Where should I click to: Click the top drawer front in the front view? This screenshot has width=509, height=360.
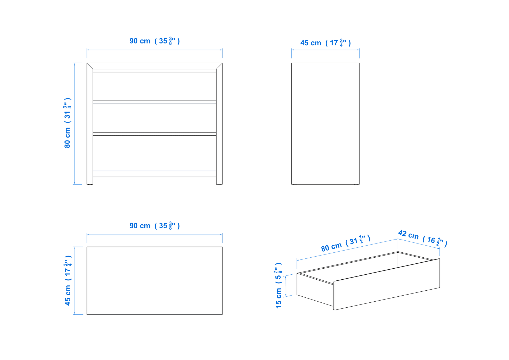click(155, 86)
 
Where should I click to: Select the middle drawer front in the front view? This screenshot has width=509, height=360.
click(155, 118)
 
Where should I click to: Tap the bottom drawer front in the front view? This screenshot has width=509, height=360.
click(155, 153)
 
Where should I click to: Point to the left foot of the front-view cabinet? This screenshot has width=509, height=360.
click(90, 185)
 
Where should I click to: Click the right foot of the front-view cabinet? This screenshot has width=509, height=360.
click(219, 185)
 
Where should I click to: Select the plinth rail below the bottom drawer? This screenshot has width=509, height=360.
click(155, 174)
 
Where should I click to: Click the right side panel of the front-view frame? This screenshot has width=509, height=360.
click(219, 126)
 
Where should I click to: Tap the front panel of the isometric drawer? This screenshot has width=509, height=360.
click(387, 284)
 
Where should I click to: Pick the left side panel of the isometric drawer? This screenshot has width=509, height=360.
click(315, 290)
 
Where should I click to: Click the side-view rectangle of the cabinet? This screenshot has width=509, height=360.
click(325, 124)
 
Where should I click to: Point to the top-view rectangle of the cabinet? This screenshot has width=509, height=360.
click(155, 281)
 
